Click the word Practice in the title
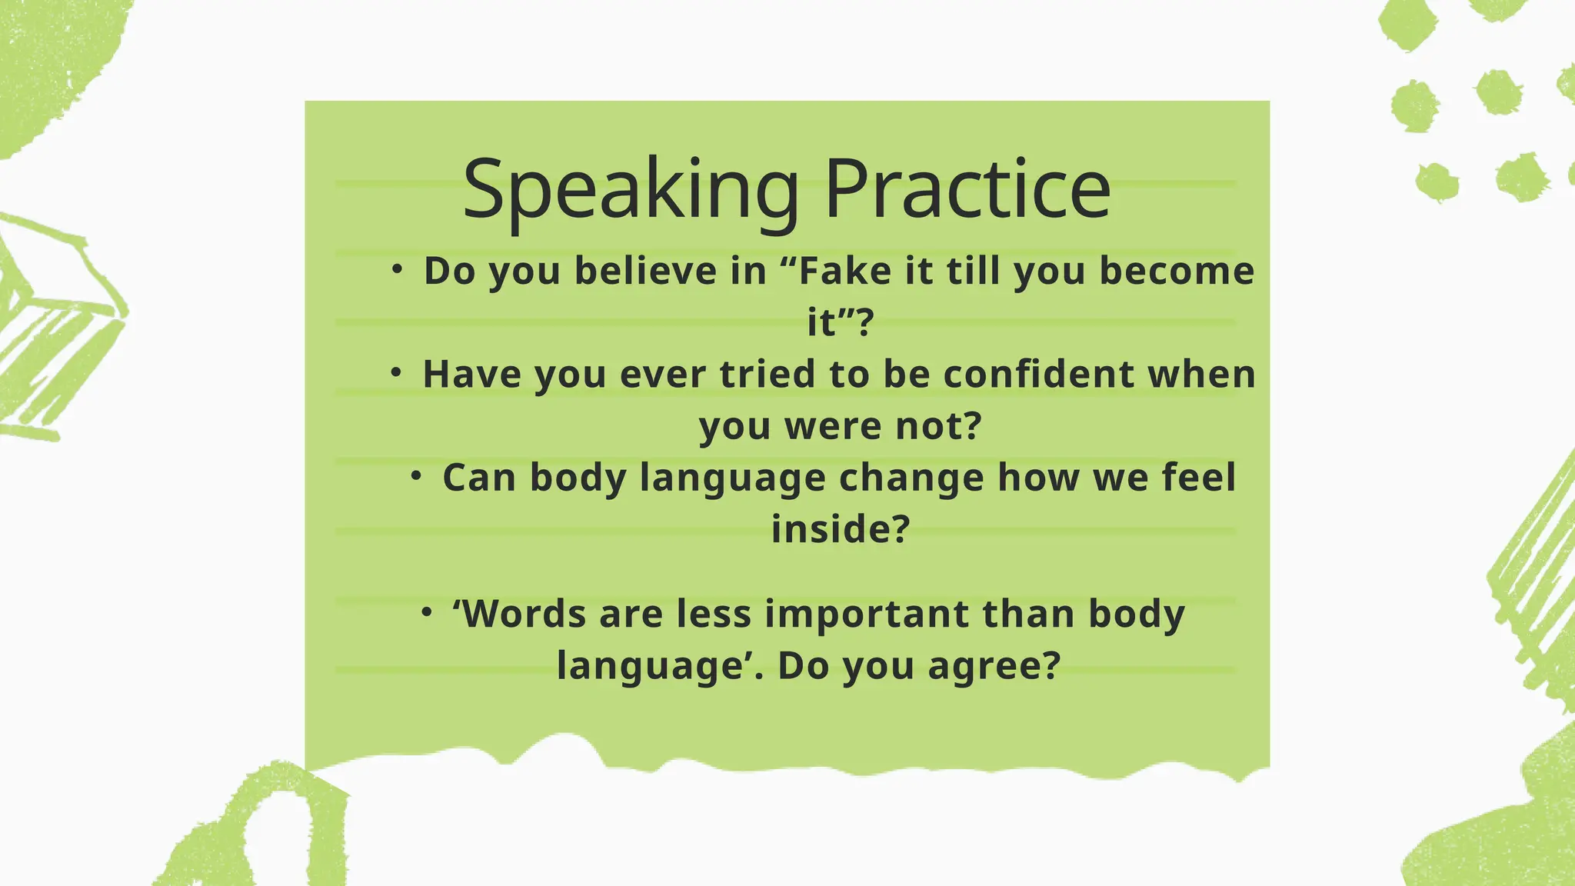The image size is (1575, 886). tap(967, 189)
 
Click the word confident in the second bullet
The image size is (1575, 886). tap(1039, 375)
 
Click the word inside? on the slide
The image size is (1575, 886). tap(841, 529)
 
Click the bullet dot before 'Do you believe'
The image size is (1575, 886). tap(397, 269)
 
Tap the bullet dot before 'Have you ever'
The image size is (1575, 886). tap(396, 372)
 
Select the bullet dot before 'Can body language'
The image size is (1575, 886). tap(416, 476)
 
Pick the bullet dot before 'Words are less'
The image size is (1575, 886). tap(427, 612)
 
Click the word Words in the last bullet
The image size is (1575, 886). tap(519, 615)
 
